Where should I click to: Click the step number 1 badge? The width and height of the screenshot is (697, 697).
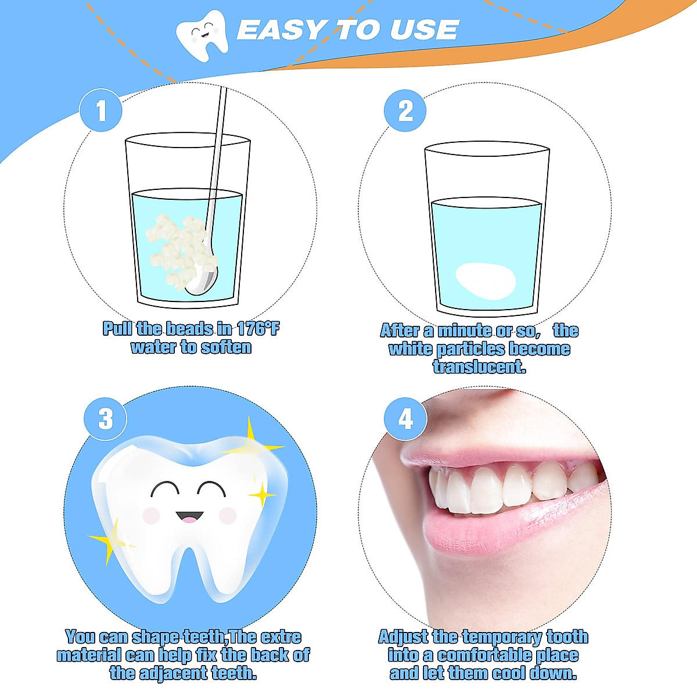101,110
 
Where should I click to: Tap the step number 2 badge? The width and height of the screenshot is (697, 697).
405,110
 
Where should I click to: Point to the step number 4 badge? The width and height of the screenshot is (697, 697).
405,418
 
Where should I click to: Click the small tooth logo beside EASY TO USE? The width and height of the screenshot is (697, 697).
201,32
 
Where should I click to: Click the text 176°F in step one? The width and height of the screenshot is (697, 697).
258,329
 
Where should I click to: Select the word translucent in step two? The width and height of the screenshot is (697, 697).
479,367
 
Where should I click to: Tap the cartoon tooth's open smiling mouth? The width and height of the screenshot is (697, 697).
189,516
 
